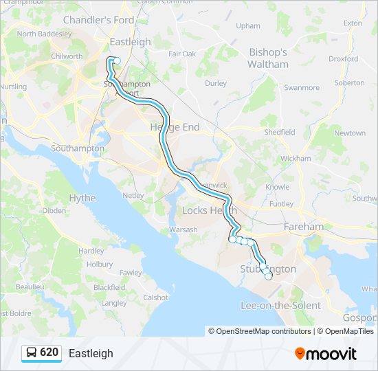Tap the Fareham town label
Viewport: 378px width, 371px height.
click(x=303, y=226)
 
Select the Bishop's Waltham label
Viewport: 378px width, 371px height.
click(x=268, y=58)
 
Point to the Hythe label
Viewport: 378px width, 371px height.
click(x=82, y=198)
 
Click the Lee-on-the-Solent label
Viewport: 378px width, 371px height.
click(x=280, y=305)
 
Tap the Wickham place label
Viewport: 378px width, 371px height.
click(x=296, y=158)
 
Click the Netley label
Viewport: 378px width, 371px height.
click(x=133, y=196)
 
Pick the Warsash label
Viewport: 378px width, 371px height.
click(x=184, y=229)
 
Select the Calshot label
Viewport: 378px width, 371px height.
click(x=155, y=297)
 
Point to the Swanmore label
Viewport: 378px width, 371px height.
click(x=302, y=88)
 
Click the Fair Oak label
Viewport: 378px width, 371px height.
click(x=182, y=54)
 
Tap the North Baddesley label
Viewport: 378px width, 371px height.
click(x=44, y=33)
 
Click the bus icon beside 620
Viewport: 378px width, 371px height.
click(x=32, y=353)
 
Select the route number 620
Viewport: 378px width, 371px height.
click(x=49, y=353)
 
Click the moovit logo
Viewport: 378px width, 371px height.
click(x=326, y=354)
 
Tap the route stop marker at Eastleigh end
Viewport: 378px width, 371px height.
click(x=117, y=60)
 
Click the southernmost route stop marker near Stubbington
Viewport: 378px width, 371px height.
click(x=268, y=276)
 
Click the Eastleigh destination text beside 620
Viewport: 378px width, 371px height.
click(x=91, y=354)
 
